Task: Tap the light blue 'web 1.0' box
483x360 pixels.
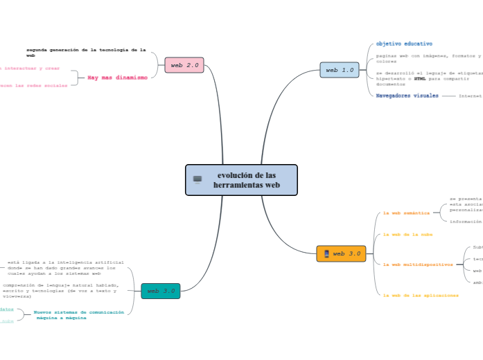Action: pos(340,70)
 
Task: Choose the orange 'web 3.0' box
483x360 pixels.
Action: pos(341,253)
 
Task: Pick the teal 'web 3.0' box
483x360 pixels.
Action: pos(161,291)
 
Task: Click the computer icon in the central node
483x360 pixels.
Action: pos(197,180)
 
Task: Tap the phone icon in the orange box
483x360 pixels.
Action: pos(326,254)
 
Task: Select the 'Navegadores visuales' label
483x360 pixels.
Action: pos(407,96)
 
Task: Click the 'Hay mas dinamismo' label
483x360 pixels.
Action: pos(117,78)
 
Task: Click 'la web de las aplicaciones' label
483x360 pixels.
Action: pos(421,295)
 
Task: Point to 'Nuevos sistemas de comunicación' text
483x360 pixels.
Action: pos(79,312)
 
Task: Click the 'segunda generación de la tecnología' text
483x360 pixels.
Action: pos(86,50)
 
